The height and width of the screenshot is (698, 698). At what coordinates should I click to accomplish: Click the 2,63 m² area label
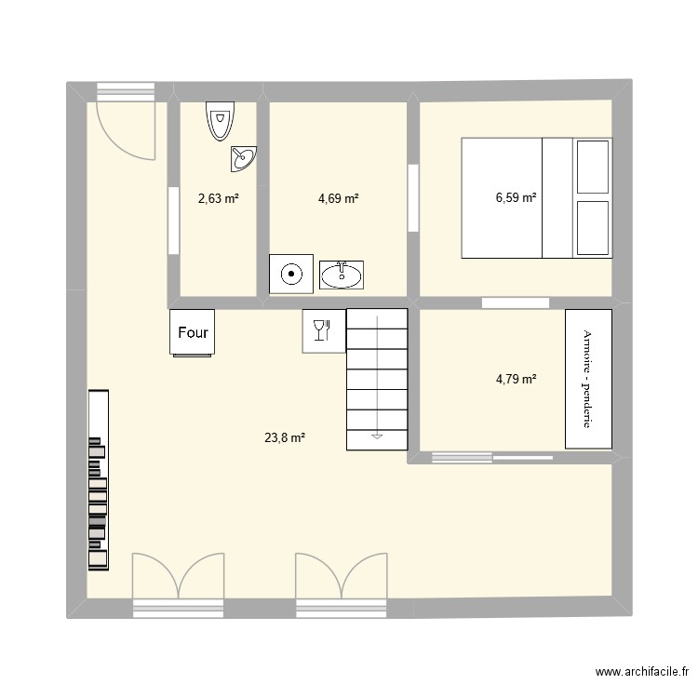coord(219,198)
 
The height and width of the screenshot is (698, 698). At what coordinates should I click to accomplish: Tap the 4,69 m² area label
coord(338,198)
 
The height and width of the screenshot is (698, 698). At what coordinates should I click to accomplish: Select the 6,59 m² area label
coord(516,197)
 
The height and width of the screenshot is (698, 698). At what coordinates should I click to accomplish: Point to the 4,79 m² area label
coord(516,379)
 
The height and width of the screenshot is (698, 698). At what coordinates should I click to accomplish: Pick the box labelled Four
coord(193,332)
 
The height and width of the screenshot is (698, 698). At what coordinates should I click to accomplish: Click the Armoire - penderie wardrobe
coord(588,379)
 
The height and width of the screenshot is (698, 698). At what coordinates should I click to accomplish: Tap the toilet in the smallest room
coord(220,121)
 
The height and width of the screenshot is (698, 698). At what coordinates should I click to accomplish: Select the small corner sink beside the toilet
coord(244,159)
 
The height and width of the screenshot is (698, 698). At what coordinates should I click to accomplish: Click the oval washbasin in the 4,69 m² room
coord(343,274)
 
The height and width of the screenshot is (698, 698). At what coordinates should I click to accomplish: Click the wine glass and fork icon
coord(321,331)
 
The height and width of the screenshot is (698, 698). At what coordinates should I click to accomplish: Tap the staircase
coord(377,380)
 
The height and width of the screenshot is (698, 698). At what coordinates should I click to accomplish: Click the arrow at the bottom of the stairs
coord(377,434)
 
